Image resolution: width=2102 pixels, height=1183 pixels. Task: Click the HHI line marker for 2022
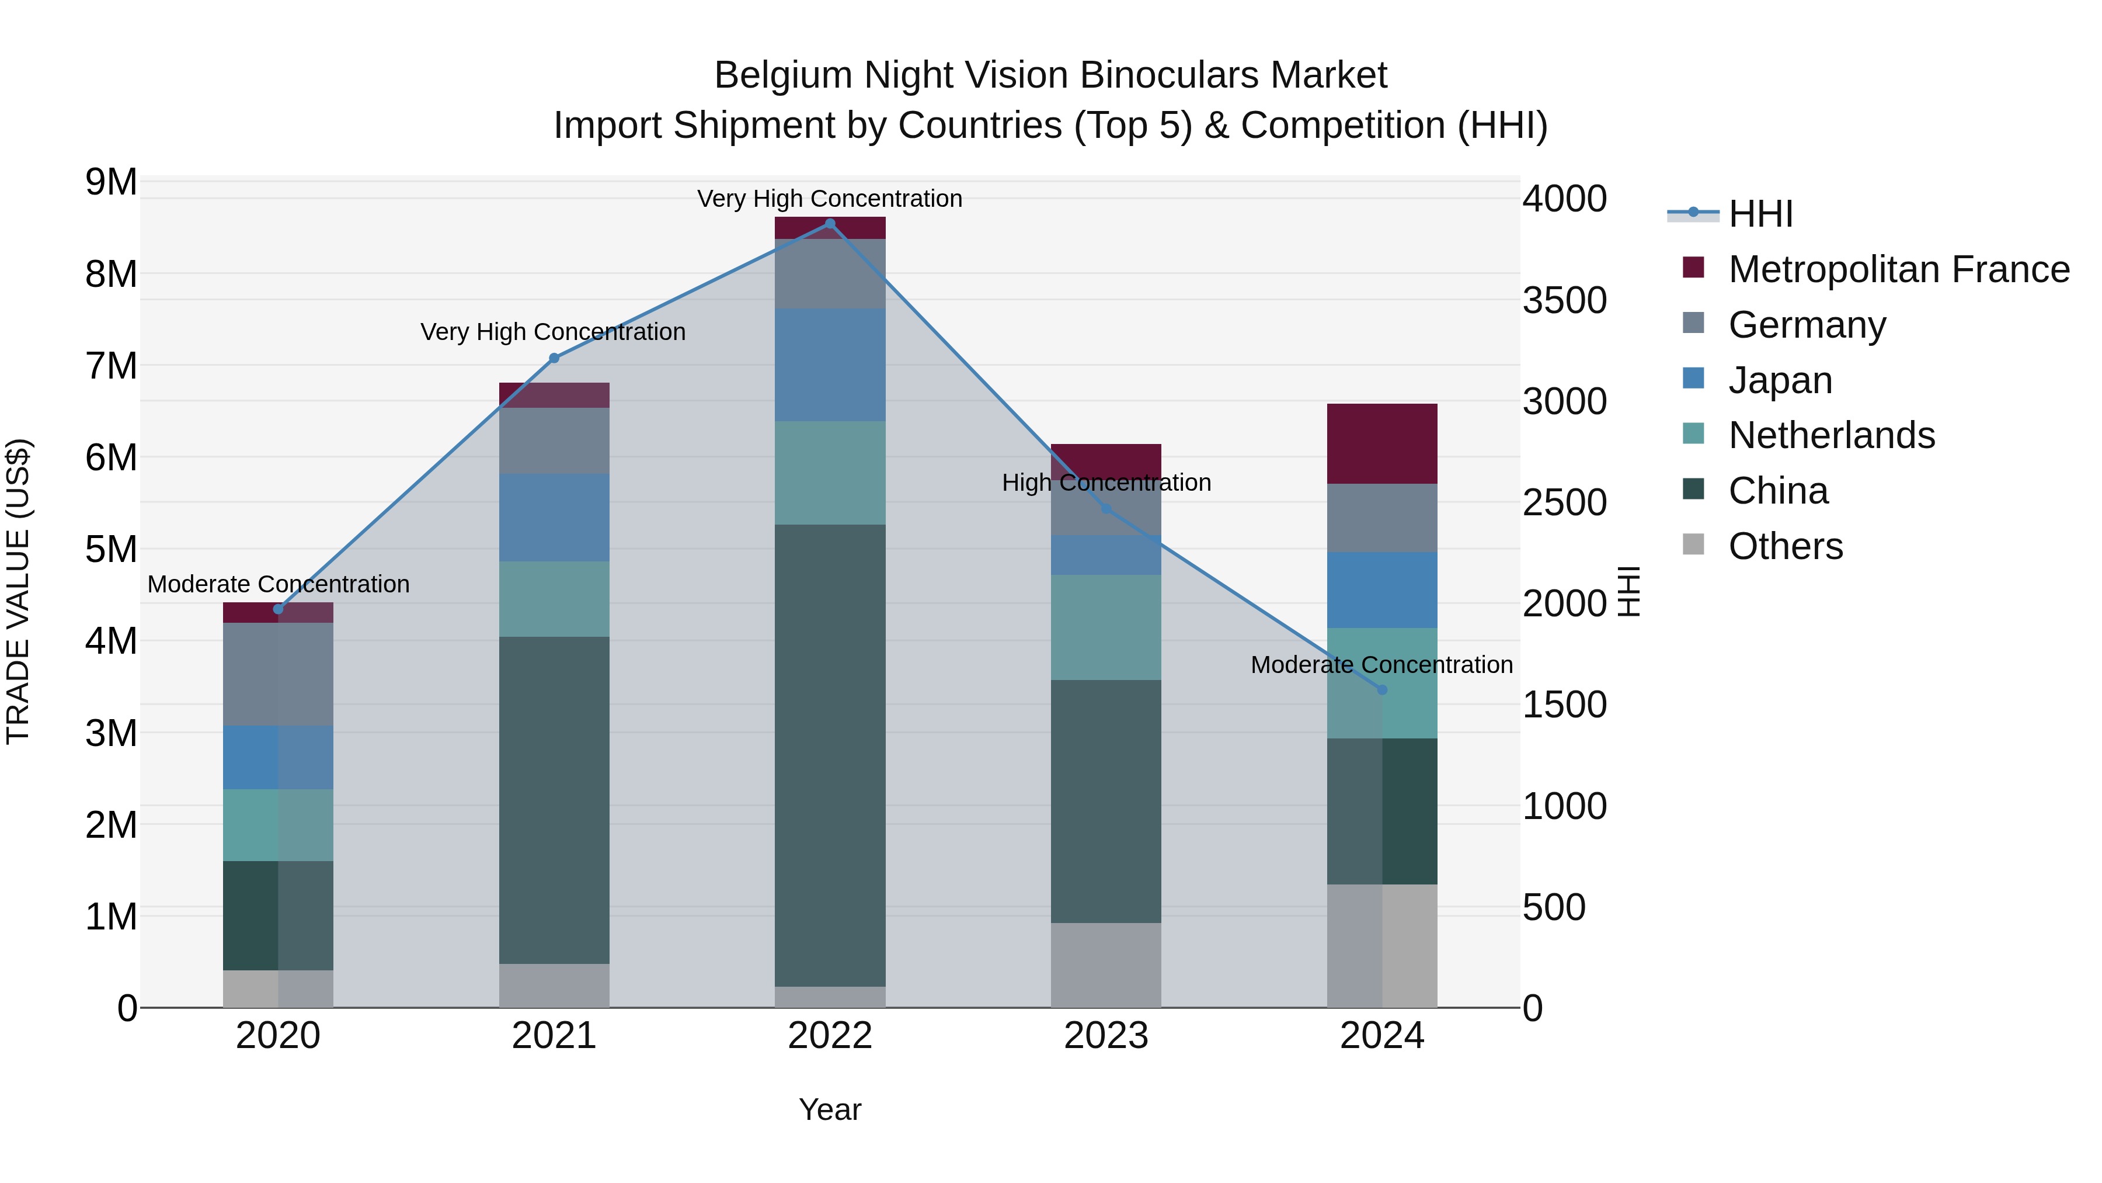coord(830,224)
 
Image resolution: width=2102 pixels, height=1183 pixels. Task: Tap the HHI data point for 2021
coord(554,358)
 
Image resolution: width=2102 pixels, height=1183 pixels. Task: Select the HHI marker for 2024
coord(1382,690)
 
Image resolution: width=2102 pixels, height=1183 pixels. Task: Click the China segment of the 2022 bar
coord(830,755)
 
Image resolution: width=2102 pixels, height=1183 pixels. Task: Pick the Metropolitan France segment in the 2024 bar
coord(1382,443)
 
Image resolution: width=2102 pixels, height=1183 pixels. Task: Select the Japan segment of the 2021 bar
coord(554,518)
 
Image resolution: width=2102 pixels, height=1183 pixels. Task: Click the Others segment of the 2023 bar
coord(1106,965)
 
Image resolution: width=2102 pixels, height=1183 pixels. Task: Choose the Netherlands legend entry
coord(1830,435)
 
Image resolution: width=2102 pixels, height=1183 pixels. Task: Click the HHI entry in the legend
coord(1760,214)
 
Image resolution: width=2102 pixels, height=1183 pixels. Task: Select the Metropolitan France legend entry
coord(1898,269)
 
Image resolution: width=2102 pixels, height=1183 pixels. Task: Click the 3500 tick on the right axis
coord(1564,300)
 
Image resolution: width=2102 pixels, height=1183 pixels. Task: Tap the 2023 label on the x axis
coord(1106,1036)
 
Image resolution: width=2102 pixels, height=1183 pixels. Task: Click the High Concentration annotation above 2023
coord(1106,483)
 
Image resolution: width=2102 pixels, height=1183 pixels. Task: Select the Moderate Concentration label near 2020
coord(279,585)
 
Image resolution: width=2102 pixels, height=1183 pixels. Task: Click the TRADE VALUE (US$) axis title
coord(18,591)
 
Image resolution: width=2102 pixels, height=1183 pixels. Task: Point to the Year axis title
coord(830,1109)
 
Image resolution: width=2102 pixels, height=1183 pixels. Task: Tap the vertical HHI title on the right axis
coord(1628,591)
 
